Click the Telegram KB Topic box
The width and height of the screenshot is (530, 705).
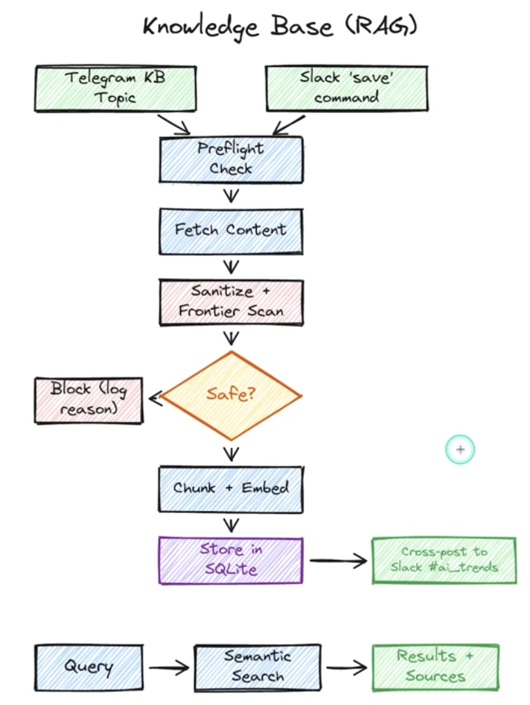(115, 88)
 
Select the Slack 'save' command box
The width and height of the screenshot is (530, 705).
(346, 88)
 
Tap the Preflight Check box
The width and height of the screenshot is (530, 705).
(231, 159)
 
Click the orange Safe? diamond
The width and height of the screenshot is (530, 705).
(231, 395)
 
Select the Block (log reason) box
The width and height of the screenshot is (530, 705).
(89, 400)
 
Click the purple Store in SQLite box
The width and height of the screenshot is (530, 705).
(231, 560)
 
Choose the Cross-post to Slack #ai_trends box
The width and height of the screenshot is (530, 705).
(444, 560)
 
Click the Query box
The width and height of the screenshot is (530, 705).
(89, 668)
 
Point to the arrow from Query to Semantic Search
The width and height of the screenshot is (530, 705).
(168, 668)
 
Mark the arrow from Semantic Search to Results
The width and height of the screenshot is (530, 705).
(346, 667)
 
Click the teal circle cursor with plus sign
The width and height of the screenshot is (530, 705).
(460, 449)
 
